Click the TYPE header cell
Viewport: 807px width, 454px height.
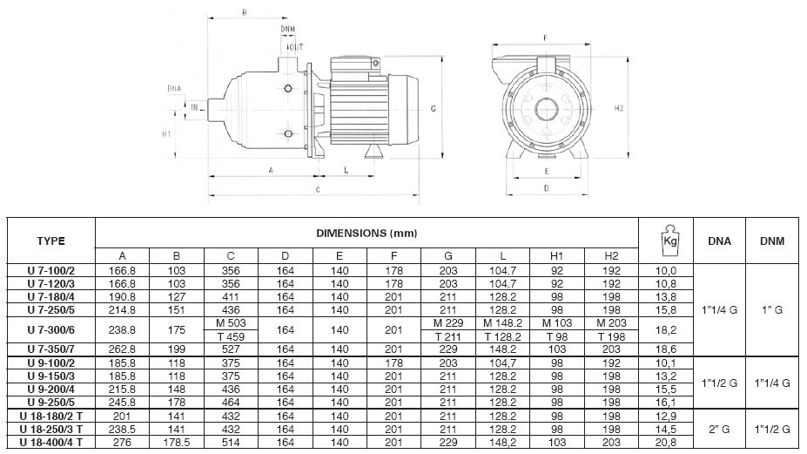click(x=50, y=240)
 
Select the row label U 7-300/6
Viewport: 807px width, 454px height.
click(x=50, y=331)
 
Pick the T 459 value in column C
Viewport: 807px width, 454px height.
click(x=231, y=337)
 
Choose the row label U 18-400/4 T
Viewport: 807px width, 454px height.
click(x=50, y=442)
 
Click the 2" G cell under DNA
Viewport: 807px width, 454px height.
click(x=719, y=430)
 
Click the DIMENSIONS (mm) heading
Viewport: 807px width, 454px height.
click(x=367, y=233)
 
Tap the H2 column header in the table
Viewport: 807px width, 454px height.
click(x=611, y=255)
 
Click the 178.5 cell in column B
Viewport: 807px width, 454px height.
click(x=177, y=442)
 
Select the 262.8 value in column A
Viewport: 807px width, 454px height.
click(x=123, y=349)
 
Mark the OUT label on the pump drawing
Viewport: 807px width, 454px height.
click(x=297, y=46)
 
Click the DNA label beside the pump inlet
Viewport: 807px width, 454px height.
click(x=174, y=89)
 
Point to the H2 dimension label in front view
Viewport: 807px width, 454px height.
click(x=619, y=109)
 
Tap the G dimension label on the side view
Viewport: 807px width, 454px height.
click(x=433, y=109)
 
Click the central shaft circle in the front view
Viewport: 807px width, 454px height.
click(x=546, y=111)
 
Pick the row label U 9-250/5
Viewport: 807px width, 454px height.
click(x=50, y=404)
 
